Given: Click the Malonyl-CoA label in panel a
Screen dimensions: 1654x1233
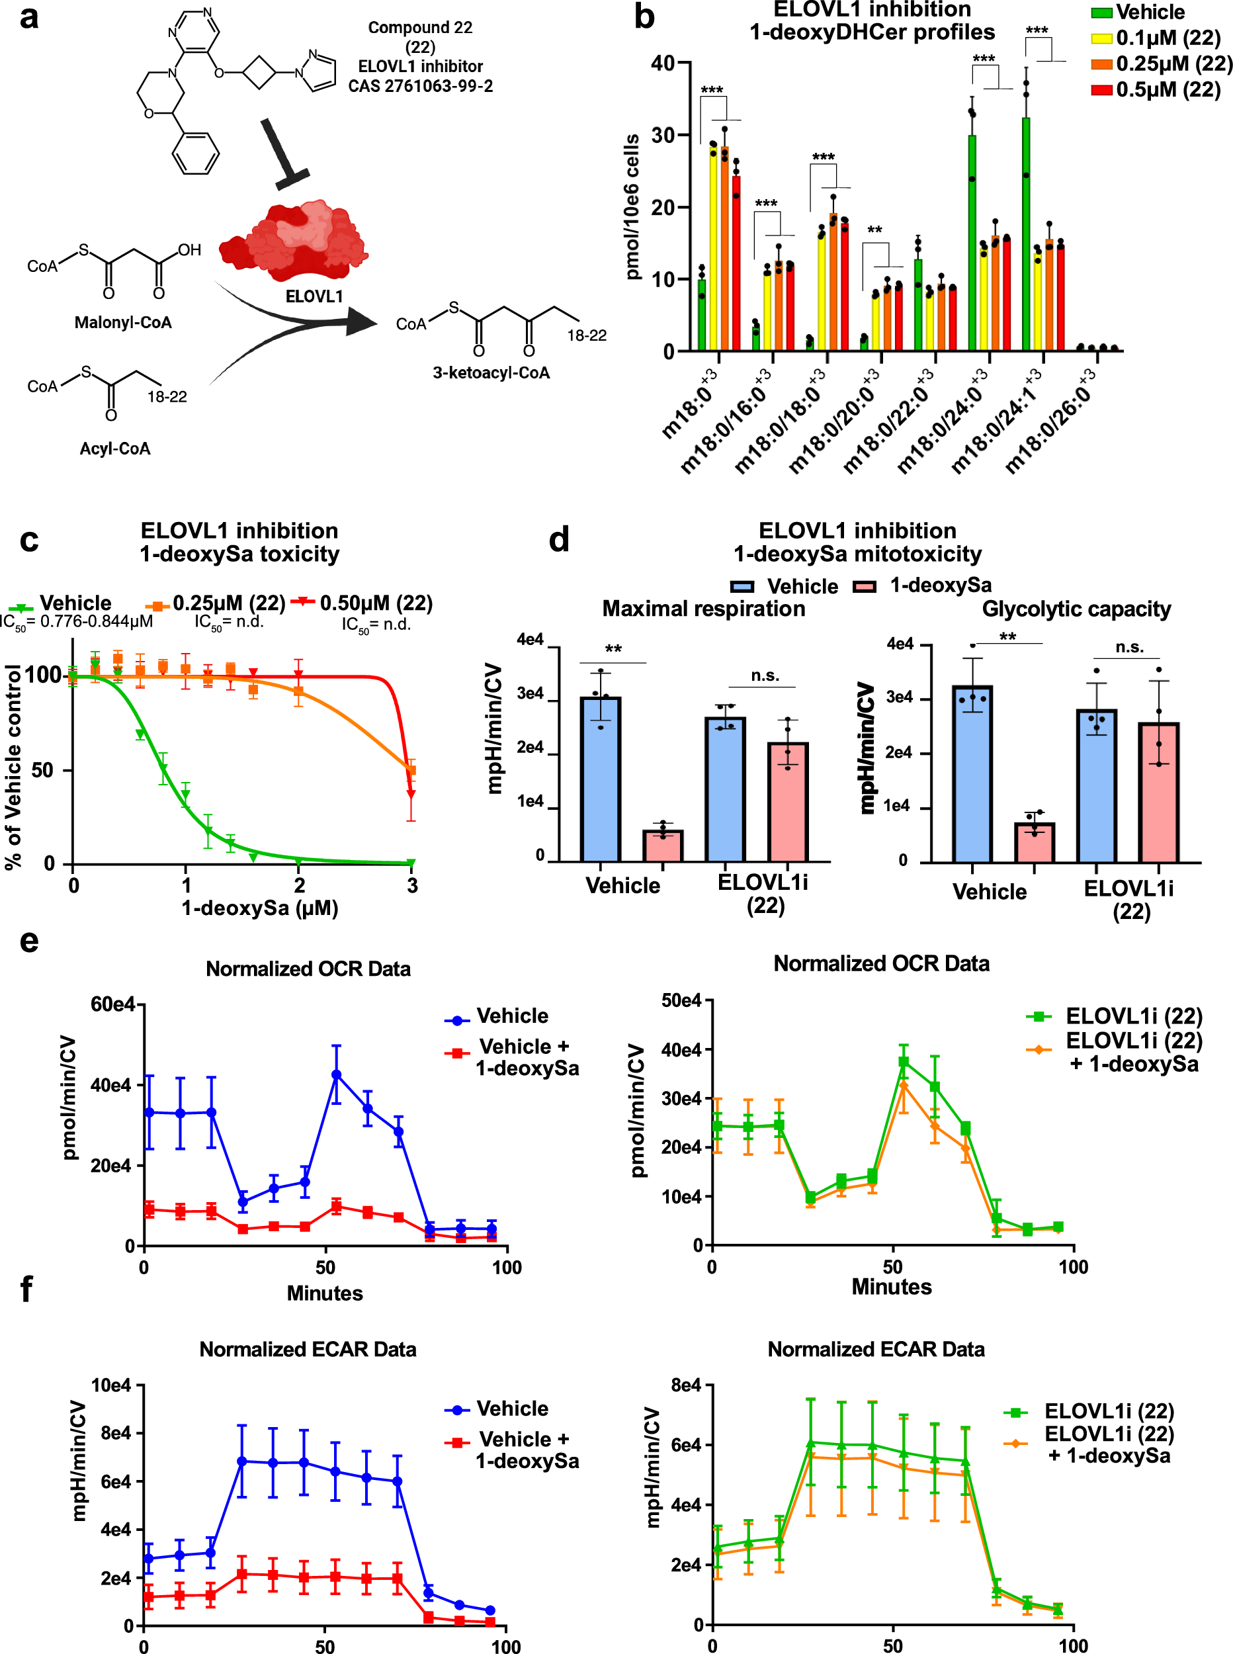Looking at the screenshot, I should tap(123, 322).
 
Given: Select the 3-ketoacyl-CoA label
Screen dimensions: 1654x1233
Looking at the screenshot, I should tap(491, 372).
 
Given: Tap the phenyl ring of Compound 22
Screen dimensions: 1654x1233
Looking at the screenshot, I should tap(196, 153).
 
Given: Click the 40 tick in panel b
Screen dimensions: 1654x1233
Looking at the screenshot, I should tap(662, 64).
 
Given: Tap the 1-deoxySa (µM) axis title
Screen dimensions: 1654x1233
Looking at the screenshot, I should tap(260, 908).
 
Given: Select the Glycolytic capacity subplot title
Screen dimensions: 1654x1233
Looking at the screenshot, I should tap(1076, 609).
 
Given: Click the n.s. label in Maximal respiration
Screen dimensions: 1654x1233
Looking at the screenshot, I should tap(765, 675).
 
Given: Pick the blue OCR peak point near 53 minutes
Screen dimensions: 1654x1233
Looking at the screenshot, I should tap(337, 1075).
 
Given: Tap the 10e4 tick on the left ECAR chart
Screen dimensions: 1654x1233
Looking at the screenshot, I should tap(111, 1385).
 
